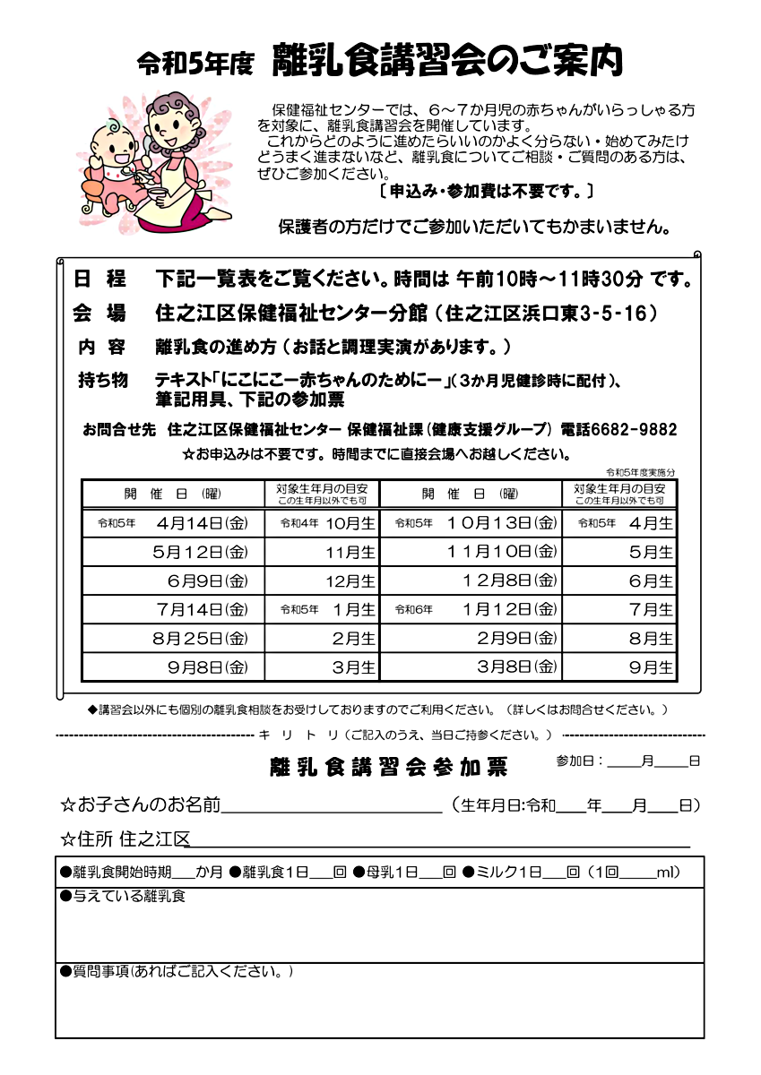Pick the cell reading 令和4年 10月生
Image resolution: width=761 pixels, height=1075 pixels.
(x=327, y=522)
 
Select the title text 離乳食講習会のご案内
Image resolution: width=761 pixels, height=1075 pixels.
(x=446, y=61)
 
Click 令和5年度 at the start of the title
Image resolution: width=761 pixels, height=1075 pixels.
(x=195, y=63)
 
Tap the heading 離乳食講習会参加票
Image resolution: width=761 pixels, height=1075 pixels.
(x=388, y=768)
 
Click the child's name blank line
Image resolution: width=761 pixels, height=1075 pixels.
(x=332, y=805)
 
